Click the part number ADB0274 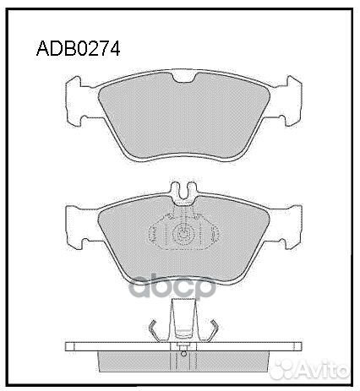[78, 48]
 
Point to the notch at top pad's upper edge [183, 80]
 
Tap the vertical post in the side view [183, 325]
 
